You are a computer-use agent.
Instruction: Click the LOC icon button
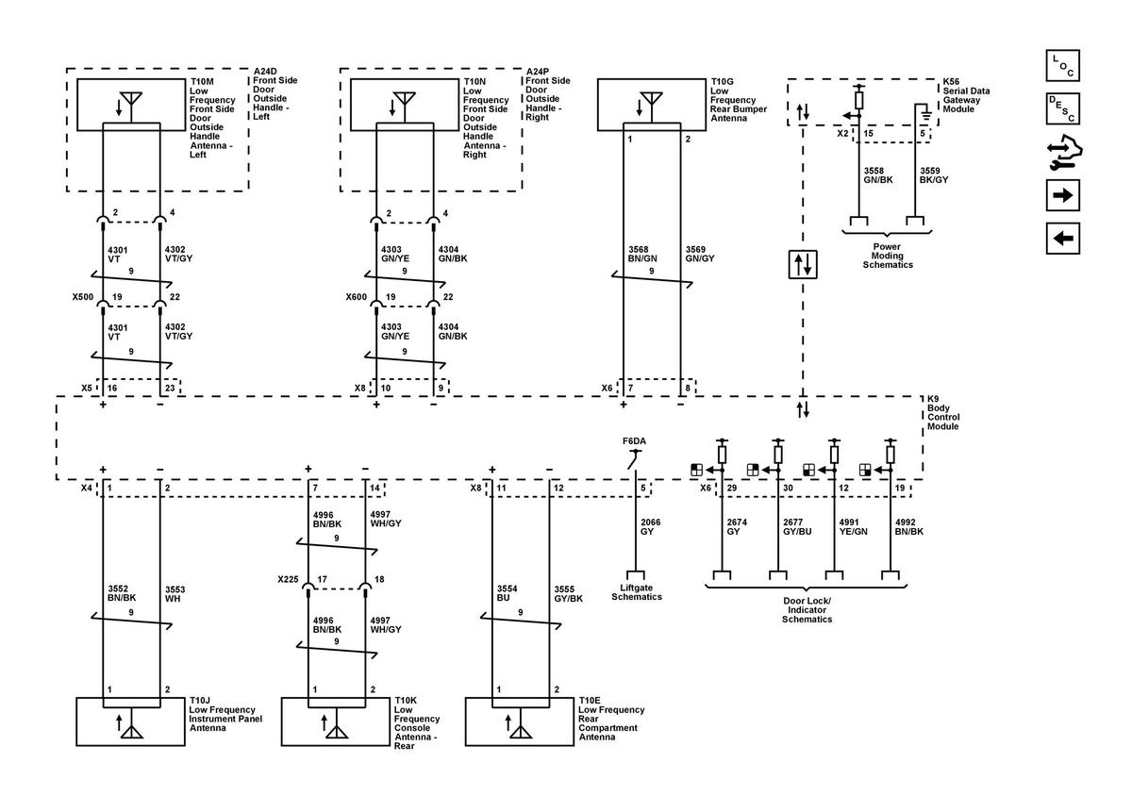(1062, 66)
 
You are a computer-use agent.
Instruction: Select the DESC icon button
(1062, 109)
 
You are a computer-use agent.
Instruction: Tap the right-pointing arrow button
(1062, 196)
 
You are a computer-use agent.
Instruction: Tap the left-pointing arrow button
(1062, 239)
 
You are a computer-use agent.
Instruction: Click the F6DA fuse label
(634, 440)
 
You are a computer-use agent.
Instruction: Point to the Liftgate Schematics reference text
(637, 591)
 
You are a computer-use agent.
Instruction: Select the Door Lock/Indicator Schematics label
(807, 609)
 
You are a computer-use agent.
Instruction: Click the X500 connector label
(83, 296)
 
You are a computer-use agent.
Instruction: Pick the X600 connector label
(358, 296)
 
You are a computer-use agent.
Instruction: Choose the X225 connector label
(289, 578)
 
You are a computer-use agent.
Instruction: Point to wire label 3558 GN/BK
(876, 174)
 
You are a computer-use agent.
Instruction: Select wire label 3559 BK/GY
(933, 174)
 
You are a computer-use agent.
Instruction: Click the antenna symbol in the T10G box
(647, 103)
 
